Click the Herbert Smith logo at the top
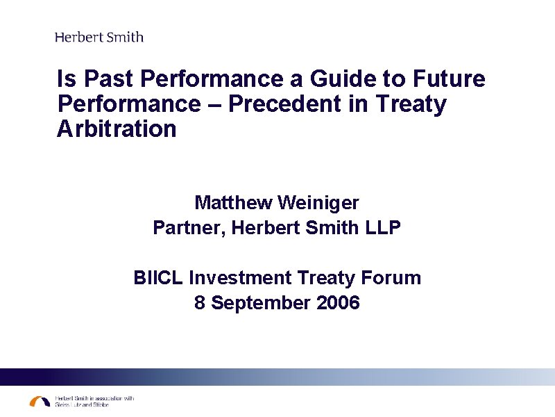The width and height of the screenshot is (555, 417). tap(99, 37)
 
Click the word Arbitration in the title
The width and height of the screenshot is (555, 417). tap(117, 129)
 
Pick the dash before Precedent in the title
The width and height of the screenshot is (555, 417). tap(214, 104)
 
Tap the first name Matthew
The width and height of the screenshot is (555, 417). tap(233, 203)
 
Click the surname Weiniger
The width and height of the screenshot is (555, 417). tap(318, 203)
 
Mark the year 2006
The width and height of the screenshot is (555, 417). tap(336, 303)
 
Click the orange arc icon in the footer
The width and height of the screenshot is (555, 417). tap(40, 401)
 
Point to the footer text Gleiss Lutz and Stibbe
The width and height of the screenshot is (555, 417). tap(82, 404)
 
